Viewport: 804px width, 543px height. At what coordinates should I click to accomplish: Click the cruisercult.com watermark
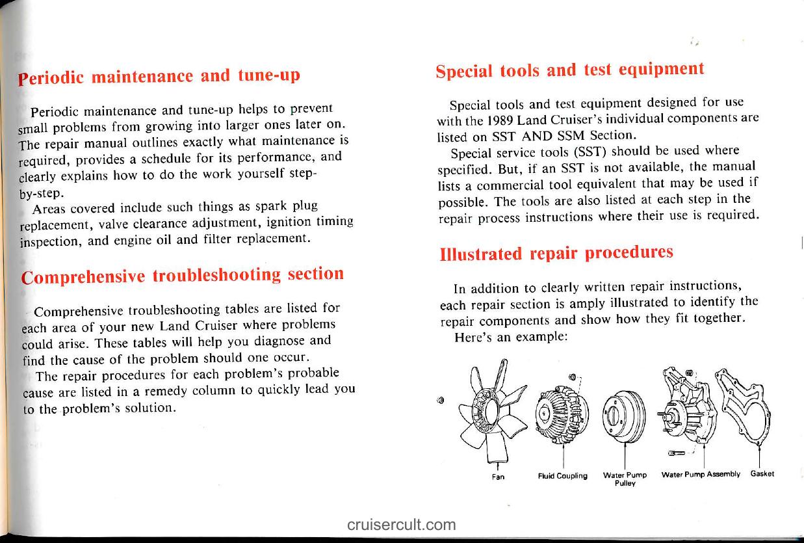tap(401, 524)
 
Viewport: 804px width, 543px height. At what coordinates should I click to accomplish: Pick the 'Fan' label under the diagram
tap(498, 476)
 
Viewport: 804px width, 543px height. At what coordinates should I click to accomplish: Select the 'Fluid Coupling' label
tap(563, 475)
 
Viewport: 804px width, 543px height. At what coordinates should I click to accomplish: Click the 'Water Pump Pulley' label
tap(625, 478)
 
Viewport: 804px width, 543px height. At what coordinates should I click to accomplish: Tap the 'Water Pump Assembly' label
tap(701, 474)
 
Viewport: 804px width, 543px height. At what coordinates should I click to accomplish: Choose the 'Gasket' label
tap(762, 473)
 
